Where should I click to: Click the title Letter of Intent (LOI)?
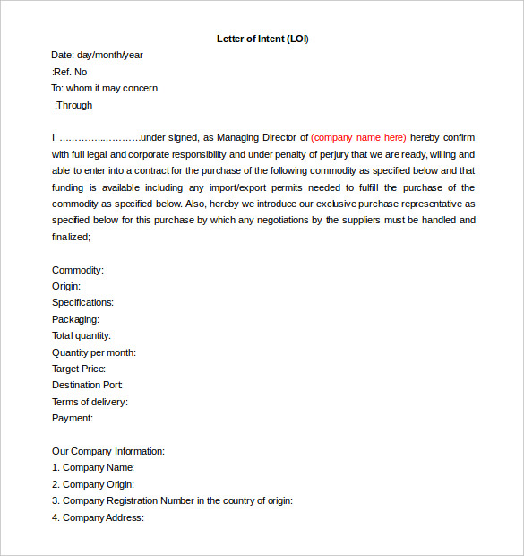coord(262,39)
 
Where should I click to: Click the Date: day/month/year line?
coord(97,55)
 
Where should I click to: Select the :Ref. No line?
coord(70,72)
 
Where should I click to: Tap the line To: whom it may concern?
coord(104,88)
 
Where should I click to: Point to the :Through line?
coord(73,105)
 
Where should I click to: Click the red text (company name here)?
coord(358,137)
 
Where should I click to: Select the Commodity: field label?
coord(78,270)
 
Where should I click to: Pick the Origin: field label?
coord(66,286)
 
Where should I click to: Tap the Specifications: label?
coord(82,302)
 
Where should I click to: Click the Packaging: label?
coord(75,319)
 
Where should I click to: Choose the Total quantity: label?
coord(82,335)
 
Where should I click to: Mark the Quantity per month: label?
coord(94,352)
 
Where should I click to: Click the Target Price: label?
coord(79,369)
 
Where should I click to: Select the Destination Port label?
coord(87,385)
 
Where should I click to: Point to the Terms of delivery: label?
coord(90,402)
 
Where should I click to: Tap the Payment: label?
coord(73,418)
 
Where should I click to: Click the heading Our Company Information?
coord(108,451)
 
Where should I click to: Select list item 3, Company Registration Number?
coord(172,500)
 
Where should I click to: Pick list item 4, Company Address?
coord(98,517)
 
